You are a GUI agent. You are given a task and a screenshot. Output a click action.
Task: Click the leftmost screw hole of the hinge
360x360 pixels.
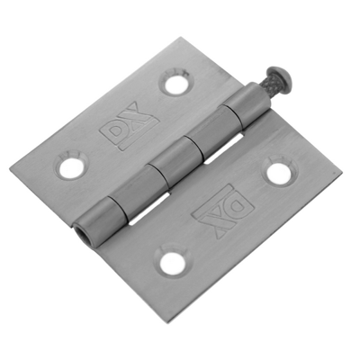tap(69, 166)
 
